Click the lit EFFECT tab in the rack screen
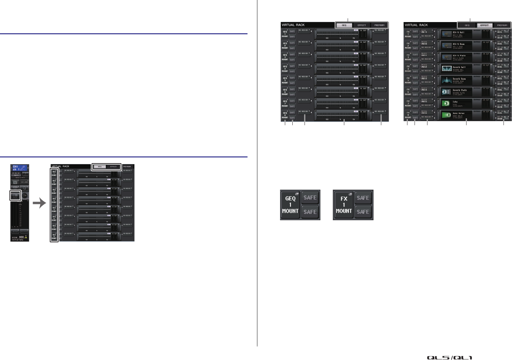[484, 25]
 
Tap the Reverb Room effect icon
[446, 80]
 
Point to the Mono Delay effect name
[459, 113]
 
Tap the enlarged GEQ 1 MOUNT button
[290, 205]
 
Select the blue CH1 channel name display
[20, 168]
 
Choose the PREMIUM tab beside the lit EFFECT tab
[502, 25]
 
